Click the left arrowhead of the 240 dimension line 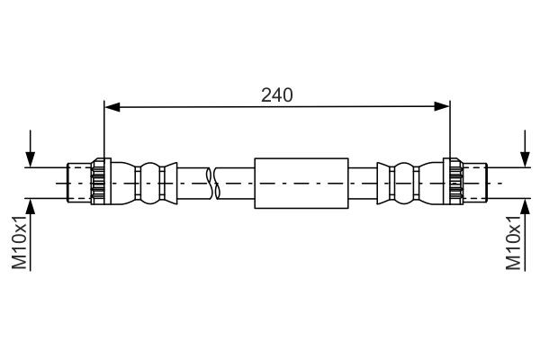pos(112,107)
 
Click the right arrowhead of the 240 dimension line pos(442,107)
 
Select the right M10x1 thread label pos(514,242)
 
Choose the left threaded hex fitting pos(99,183)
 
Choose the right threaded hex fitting pos(455,183)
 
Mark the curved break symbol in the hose pos(212,183)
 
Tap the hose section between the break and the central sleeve pos(236,183)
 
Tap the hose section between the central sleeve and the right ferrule pos(362,183)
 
